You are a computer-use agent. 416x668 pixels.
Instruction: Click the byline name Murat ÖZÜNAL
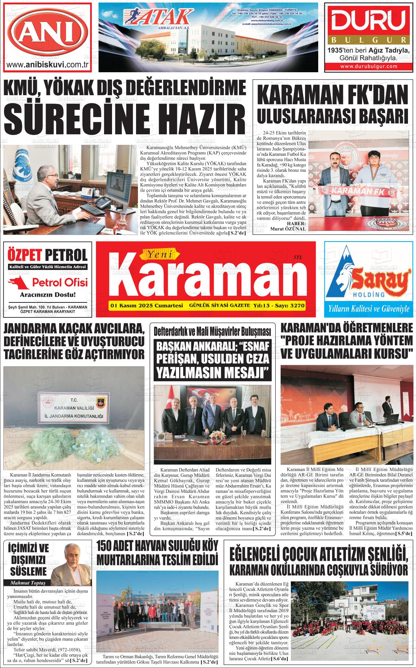(x=288, y=229)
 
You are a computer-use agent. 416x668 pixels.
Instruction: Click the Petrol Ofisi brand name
(x=60, y=282)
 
